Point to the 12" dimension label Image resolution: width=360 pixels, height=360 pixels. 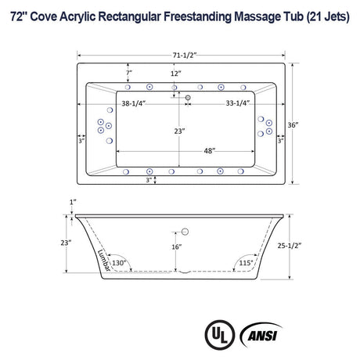pos(175,73)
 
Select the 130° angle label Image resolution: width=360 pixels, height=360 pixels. pos(119,263)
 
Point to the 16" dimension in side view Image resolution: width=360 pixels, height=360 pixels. pos(178,247)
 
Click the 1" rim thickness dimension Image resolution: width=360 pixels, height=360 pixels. pos(71,203)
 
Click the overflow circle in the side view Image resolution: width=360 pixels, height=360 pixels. pos(186,230)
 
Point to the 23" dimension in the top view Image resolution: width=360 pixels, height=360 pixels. pos(179,131)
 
